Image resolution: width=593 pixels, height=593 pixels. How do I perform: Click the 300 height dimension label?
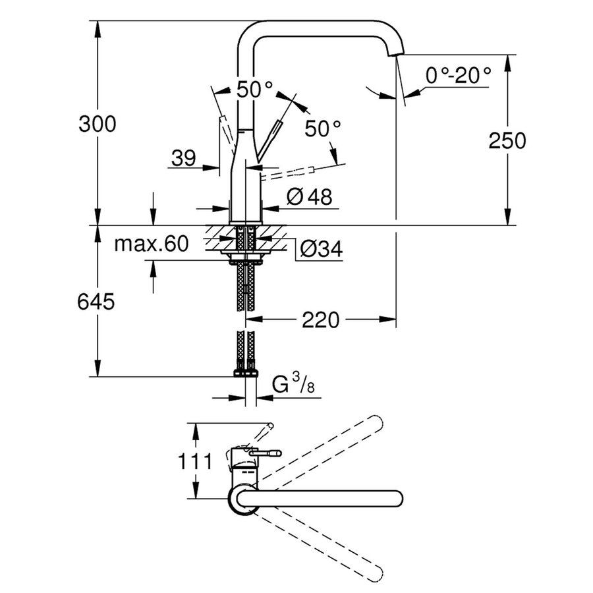tap(97, 123)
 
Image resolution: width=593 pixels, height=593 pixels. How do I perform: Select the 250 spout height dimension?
tap(507, 140)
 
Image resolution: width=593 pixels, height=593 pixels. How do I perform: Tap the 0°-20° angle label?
tap(459, 75)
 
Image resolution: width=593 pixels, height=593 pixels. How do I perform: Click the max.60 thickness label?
tap(151, 244)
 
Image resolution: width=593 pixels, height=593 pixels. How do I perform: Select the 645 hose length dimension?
tap(96, 302)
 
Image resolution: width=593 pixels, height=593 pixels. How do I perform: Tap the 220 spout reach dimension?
tap(320, 320)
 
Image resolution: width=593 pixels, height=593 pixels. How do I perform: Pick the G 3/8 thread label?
tap(294, 385)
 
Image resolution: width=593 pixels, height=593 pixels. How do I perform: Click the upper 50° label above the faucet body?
tap(255, 90)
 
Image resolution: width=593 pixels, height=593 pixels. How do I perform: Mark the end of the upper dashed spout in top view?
tap(377, 422)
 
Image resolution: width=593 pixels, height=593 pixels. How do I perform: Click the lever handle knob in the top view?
tap(275, 453)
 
